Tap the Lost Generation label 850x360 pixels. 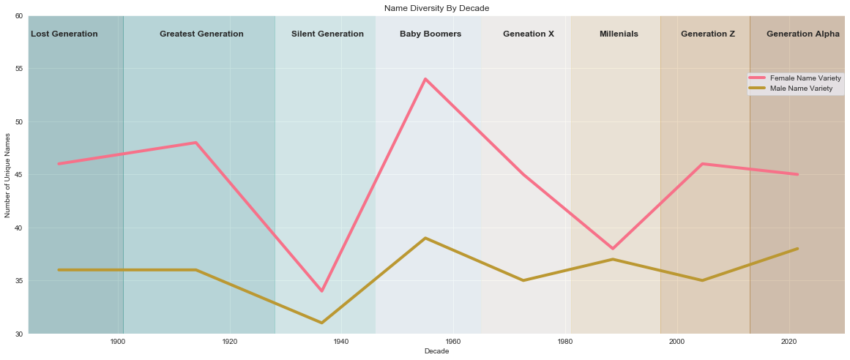coord(64,34)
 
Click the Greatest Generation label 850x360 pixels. coord(201,34)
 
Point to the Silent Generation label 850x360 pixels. coord(327,34)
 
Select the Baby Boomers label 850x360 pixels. coord(430,34)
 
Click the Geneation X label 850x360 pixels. coord(529,34)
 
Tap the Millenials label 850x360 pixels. coord(619,34)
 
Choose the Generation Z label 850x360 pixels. coord(708,34)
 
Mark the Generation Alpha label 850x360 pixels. coord(803,34)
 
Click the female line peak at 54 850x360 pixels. coord(425,79)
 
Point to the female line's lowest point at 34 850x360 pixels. coord(321,291)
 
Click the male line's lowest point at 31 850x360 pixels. coord(321,323)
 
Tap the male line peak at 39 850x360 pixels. coord(425,238)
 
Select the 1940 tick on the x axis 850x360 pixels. coord(341,342)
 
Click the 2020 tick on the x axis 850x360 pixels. coord(789,342)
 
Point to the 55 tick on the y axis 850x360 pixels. coord(17,69)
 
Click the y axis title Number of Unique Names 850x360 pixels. coord(8,175)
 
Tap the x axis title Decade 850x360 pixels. coord(436,352)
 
